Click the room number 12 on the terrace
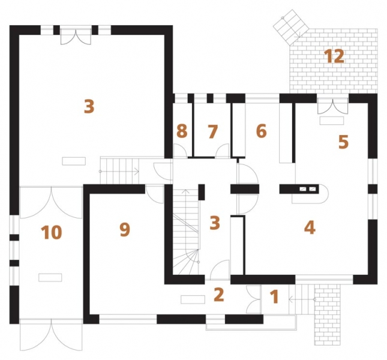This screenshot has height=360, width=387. click(x=334, y=56)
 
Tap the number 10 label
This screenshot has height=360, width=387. click(x=52, y=232)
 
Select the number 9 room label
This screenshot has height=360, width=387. click(x=124, y=229)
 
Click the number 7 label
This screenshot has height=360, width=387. click(x=212, y=131)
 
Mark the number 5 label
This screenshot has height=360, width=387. click(x=343, y=142)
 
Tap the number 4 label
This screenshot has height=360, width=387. click(x=310, y=227)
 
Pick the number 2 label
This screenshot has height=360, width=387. click(x=218, y=295)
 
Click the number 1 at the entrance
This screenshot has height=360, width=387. click(x=274, y=296)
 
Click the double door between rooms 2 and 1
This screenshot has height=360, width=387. click(x=253, y=299)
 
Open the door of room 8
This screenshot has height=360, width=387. click(x=179, y=151)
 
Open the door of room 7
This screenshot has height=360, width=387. click(x=223, y=151)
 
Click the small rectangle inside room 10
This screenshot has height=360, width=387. click(x=50, y=277)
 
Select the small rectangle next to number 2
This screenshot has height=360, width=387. click(x=193, y=299)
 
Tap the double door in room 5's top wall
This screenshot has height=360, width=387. click(x=332, y=106)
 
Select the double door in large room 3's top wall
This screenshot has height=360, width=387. click(x=76, y=37)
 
